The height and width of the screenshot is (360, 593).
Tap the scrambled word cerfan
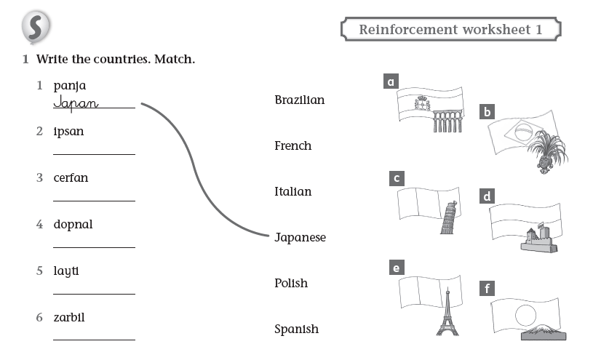71,177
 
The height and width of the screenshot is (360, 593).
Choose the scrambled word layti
66,271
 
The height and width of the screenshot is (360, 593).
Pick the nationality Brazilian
299,100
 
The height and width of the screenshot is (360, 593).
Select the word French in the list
292,145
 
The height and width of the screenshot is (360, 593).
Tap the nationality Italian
292,191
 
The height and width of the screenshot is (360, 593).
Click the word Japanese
300,237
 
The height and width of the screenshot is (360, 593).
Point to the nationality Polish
291,283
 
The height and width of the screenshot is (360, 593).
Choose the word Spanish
296,329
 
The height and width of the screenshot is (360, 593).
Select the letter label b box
487,112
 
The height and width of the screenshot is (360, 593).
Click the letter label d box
487,196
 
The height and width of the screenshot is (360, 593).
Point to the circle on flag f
525,314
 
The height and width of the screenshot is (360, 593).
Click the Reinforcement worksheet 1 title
451,30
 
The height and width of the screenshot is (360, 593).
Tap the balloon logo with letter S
36,28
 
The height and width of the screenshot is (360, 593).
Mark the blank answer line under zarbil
94,339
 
